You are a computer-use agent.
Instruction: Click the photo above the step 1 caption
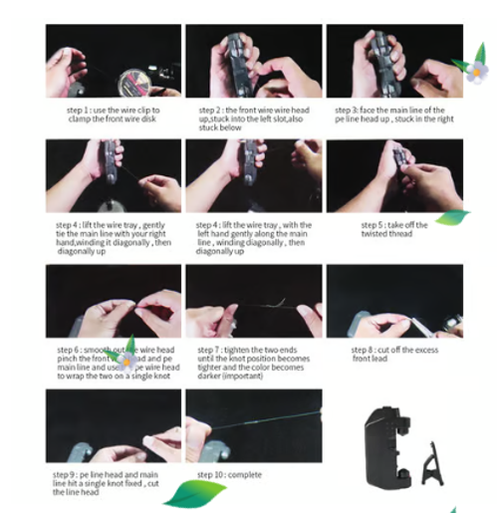pyautogui.click(x=113, y=62)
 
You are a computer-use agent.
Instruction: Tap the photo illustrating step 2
pyautogui.click(x=253, y=62)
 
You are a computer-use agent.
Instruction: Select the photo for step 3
pyautogui.click(x=392, y=62)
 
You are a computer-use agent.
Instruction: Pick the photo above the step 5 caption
pyautogui.click(x=392, y=176)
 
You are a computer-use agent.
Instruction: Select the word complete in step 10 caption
pyautogui.click(x=246, y=475)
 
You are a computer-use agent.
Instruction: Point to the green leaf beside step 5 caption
pyautogui.click(x=452, y=216)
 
